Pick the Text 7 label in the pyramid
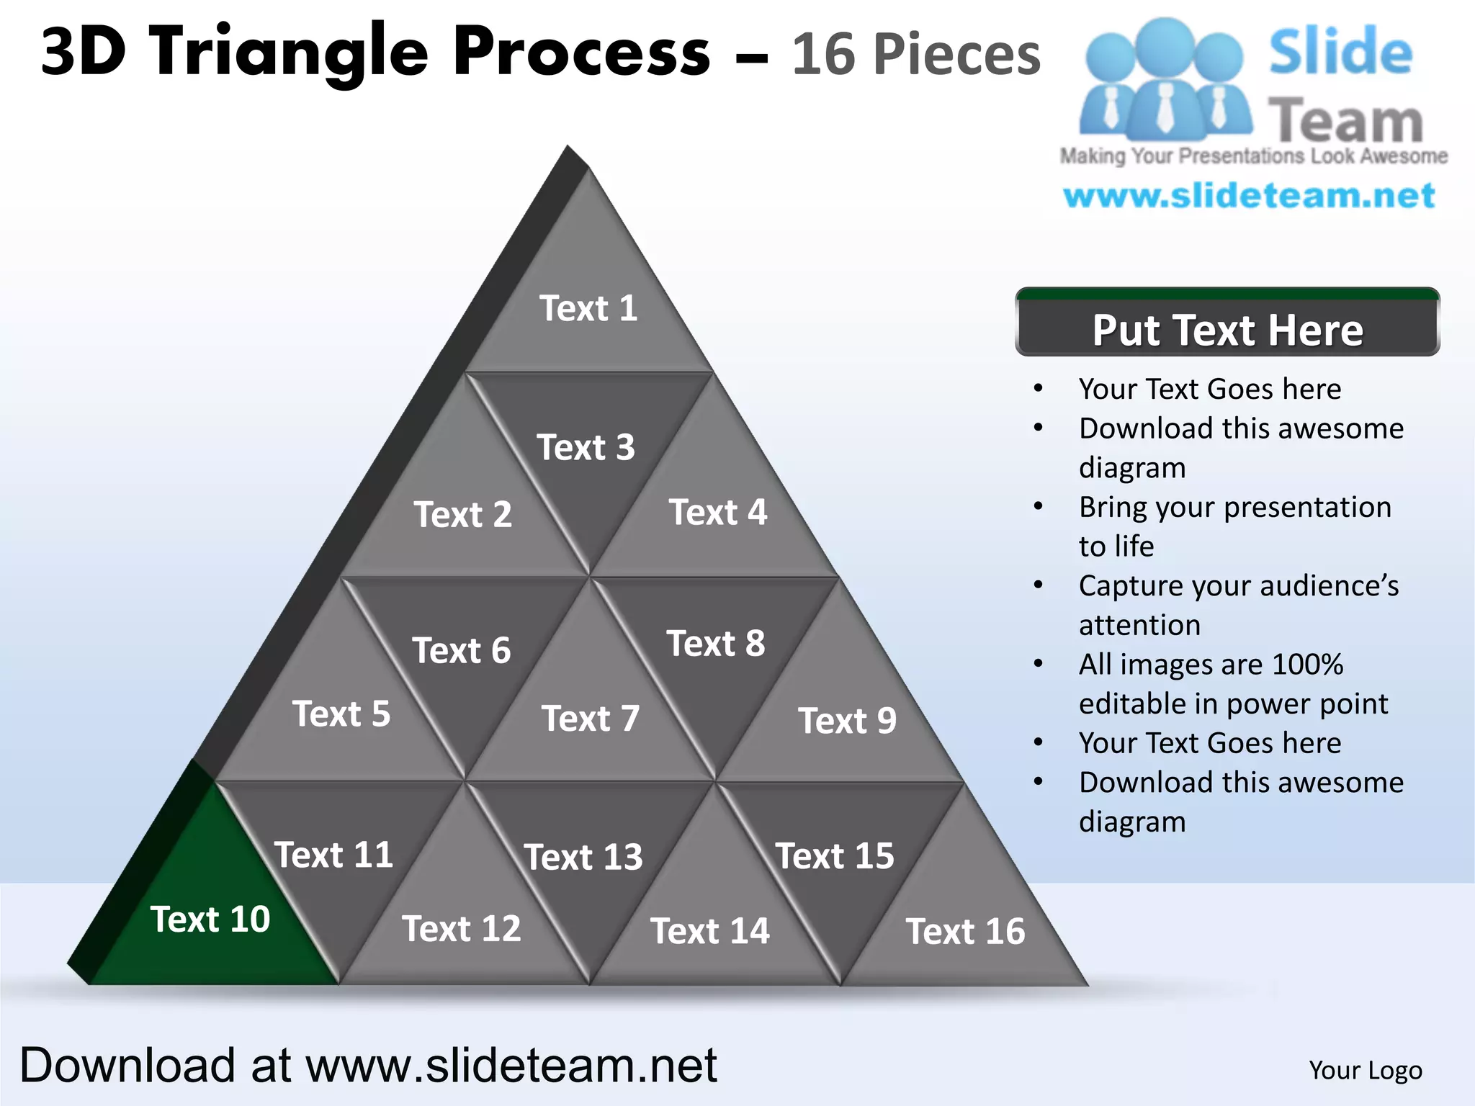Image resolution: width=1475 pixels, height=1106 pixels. (x=591, y=719)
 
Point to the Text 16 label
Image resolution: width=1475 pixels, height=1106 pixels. (x=965, y=932)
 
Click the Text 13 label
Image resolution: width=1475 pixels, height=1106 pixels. (x=583, y=857)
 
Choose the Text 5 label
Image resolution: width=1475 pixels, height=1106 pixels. (x=341, y=714)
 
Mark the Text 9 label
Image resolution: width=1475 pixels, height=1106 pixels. (x=847, y=721)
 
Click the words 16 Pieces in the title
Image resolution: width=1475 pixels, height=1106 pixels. (x=916, y=55)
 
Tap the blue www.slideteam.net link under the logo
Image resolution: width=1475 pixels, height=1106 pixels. (x=1249, y=196)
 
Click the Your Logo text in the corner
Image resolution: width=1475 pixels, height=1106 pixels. (x=1366, y=1070)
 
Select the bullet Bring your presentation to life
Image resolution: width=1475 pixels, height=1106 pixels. (x=1234, y=526)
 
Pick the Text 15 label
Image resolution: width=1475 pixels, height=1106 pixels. (x=835, y=856)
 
